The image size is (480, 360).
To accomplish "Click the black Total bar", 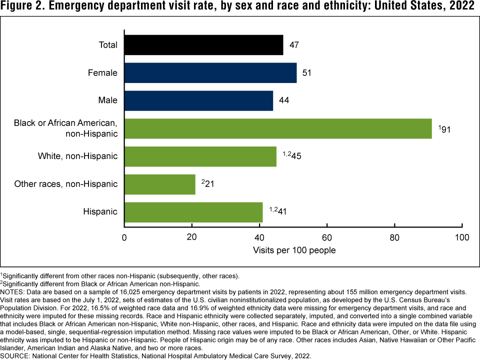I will point(203,45).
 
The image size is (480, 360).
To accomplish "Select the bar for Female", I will point(210,73).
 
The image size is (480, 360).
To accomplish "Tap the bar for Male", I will point(198,100).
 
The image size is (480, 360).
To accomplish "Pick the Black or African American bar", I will point(277,128).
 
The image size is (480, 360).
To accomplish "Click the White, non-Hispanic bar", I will point(200,156).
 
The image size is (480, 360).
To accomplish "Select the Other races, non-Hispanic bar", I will point(159,184).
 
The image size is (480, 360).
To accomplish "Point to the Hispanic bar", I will point(193,212).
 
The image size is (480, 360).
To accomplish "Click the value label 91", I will point(444,129).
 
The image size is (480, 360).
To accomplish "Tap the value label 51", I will point(306,73).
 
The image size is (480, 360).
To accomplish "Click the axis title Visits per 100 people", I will point(294,249).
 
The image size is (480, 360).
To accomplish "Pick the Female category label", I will point(103,73).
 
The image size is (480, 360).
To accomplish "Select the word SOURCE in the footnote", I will point(15,356).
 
